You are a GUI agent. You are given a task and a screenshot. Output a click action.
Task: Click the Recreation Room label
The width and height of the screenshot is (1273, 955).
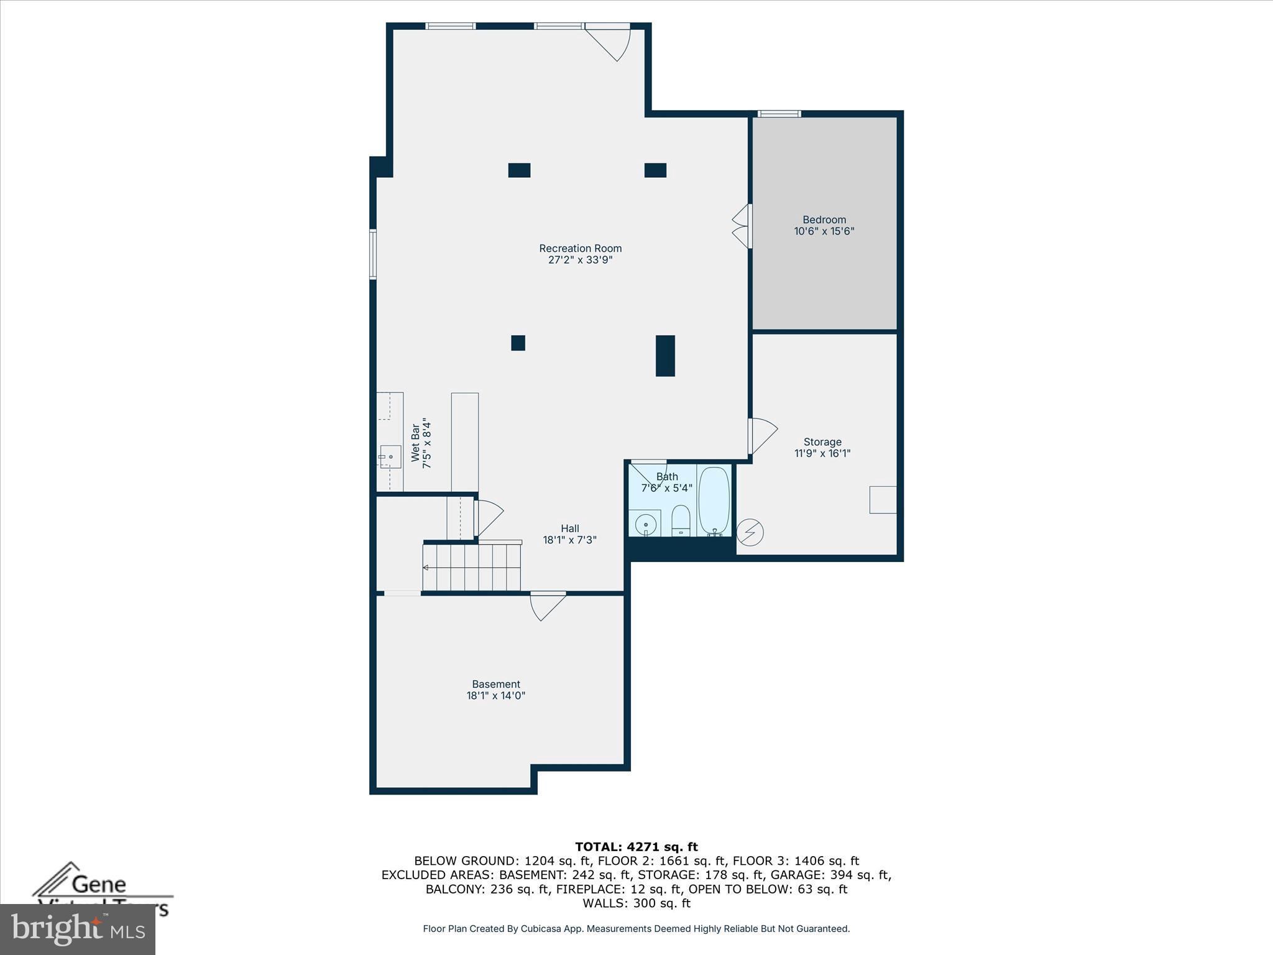580,248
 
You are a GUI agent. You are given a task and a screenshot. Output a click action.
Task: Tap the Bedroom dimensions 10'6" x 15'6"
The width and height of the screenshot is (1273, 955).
824,231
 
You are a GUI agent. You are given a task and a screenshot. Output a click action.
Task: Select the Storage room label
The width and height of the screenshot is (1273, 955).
822,442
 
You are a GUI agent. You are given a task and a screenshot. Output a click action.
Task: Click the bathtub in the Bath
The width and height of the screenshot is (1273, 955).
714,501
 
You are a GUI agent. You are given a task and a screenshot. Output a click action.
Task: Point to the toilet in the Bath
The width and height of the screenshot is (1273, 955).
681,520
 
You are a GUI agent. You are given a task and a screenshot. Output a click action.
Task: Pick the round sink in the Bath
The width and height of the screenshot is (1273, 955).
646,524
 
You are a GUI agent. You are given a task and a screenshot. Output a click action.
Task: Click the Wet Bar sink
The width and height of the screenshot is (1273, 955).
390,457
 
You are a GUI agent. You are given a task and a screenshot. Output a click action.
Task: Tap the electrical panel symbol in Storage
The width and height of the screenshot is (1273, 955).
750,532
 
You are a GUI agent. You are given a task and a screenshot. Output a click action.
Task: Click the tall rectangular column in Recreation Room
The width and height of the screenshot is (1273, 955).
665,356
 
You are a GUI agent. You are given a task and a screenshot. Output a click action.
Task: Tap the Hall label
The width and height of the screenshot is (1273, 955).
569,528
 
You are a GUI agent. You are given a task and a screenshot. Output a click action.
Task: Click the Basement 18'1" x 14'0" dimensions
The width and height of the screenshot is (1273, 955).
495,696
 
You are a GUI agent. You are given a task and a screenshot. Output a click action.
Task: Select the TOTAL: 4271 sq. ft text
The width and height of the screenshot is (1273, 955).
636,847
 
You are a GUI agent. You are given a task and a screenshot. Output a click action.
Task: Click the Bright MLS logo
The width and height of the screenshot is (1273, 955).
78,930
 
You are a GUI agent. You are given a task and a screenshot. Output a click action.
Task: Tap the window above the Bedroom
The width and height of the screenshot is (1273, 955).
779,114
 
